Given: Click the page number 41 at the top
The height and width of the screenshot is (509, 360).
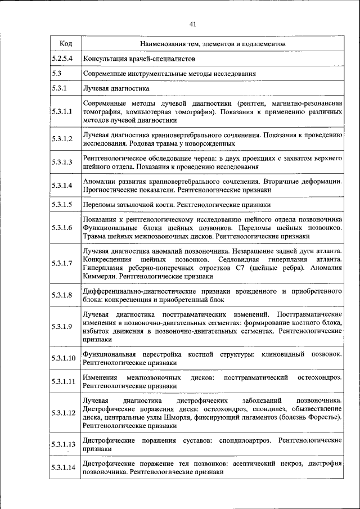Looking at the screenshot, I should [192, 24].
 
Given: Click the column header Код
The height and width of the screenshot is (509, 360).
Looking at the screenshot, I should [65, 43].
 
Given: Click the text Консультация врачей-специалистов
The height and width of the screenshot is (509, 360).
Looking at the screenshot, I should [139, 58].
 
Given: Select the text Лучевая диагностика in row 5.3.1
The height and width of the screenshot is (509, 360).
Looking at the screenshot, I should [116, 89].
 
